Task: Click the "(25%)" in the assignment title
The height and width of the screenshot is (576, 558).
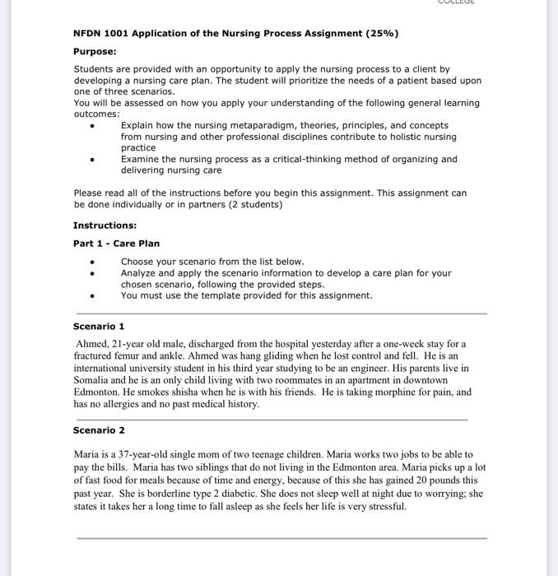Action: (x=380, y=34)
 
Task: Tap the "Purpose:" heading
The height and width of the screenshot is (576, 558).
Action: (x=95, y=51)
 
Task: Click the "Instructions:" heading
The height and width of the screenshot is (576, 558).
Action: (x=105, y=225)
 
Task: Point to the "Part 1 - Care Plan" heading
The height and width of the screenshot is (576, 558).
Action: (x=116, y=244)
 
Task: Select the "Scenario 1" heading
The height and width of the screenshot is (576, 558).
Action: (x=99, y=327)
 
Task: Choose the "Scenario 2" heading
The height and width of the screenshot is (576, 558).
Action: (x=99, y=430)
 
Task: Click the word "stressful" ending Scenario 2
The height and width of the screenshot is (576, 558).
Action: (x=384, y=506)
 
